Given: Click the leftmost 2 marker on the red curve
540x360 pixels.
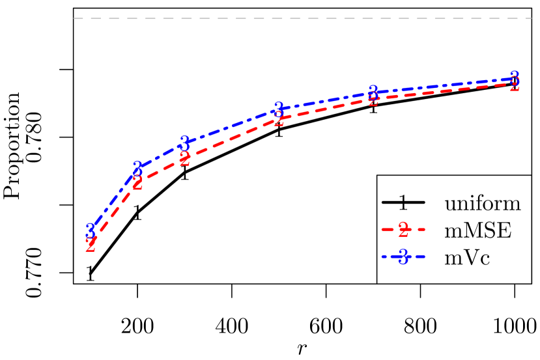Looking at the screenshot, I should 91,245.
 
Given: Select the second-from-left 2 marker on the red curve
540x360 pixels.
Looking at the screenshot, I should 137,183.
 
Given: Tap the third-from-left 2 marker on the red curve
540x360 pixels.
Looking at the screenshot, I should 184,159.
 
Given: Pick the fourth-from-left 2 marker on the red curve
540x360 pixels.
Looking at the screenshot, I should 279,119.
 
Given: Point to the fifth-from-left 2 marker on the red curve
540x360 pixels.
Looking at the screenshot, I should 373,99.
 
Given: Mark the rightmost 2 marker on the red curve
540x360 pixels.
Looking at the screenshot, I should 515,84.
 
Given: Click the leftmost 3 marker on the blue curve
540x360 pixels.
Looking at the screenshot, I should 91,230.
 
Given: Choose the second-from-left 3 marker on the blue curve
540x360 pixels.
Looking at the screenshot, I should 137,168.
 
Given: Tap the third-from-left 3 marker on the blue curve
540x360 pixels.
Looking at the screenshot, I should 184,143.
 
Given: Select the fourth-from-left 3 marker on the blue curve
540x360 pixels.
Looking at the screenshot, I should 279,109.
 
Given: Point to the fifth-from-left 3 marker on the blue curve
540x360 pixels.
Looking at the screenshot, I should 373,92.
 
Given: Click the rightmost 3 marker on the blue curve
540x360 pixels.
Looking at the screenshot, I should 515,77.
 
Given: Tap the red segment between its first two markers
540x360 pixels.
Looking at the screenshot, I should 114,214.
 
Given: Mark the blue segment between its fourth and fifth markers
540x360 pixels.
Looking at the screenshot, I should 326,100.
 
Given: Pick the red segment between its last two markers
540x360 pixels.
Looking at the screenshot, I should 444,91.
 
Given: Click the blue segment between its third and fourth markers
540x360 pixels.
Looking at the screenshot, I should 231,126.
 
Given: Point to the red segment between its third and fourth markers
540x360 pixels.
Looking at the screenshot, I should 231,139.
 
